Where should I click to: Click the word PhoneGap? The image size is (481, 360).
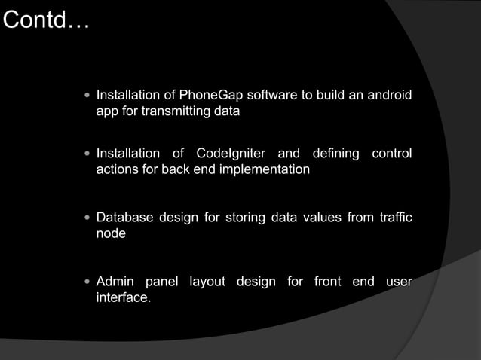pos(205,96)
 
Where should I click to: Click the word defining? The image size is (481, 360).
pos(332,154)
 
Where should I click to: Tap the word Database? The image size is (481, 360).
pos(125,218)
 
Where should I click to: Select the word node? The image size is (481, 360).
pos(111,235)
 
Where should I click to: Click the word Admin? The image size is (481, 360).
pos(115,282)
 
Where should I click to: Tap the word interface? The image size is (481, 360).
pos(123,299)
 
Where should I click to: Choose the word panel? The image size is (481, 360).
pos(162,282)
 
